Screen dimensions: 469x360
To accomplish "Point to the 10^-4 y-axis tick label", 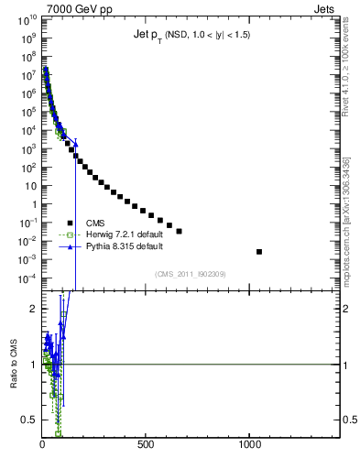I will pyautogui.click(x=26, y=278).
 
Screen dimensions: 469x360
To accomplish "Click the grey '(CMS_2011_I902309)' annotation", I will pyautogui.click(x=191, y=273).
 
